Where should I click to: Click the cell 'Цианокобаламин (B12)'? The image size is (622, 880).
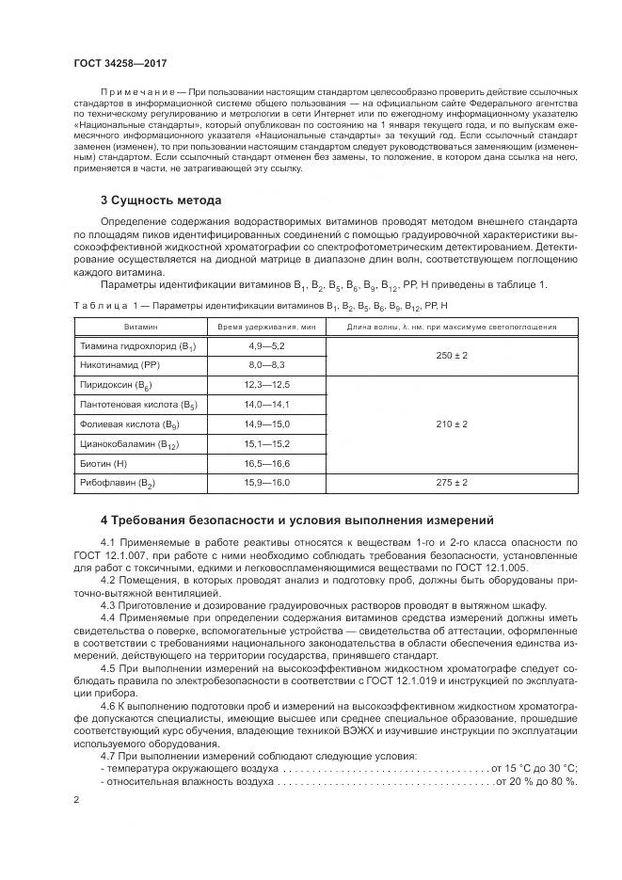coord(128,444)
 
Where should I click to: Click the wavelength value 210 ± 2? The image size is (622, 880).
coord(450,424)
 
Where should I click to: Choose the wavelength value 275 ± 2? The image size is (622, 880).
coord(450,483)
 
